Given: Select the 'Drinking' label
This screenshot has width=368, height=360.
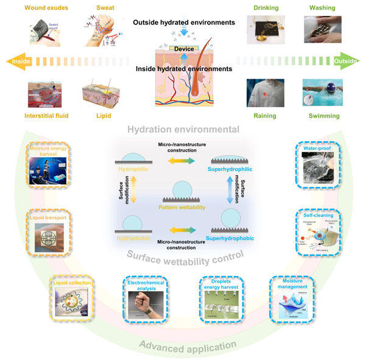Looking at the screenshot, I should click(x=266, y=9).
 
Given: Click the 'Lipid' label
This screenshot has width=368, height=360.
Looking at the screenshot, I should click(x=99, y=115).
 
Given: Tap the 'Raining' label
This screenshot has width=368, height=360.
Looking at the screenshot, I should click(x=265, y=115).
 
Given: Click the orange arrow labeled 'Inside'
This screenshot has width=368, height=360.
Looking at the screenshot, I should click(x=18, y=62).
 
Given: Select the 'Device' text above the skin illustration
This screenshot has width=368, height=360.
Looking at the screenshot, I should click(x=184, y=48).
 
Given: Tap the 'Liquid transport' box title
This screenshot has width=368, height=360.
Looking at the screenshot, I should click(x=51, y=216).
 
